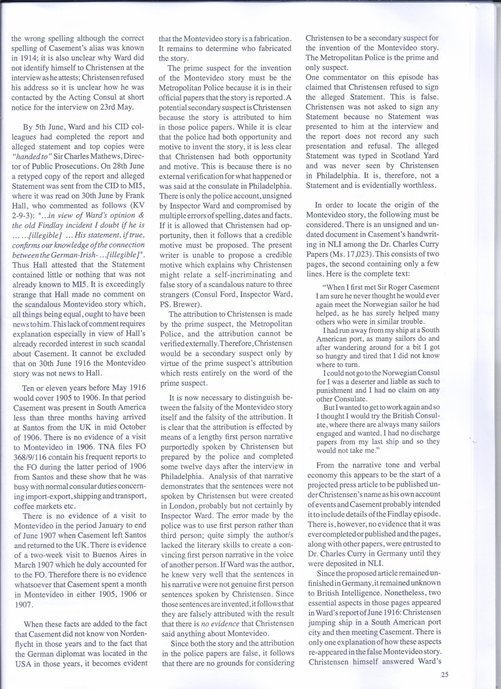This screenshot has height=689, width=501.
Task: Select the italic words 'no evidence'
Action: coord(221,624)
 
